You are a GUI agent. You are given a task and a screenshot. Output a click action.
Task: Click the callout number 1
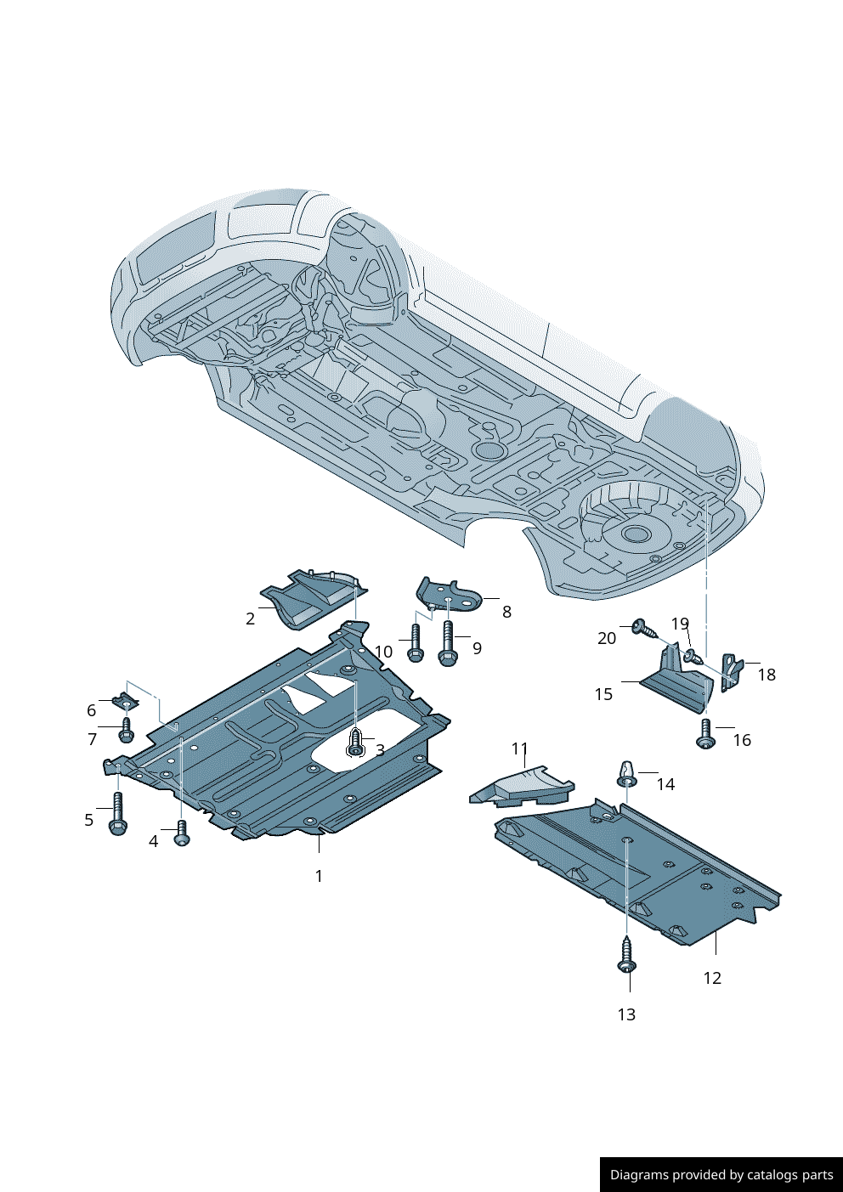pyautogui.click(x=319, y=876)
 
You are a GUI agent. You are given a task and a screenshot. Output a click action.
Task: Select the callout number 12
pyautogui.click(x=712, y=978)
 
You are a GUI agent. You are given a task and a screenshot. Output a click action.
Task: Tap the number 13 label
pyautogui.click(x=626, y=1014)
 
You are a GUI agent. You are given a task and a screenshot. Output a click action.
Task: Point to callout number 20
pyautogui.click(x=606, y=638)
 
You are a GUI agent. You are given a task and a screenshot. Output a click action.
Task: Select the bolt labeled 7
pyautogui.click(x=127, y=730)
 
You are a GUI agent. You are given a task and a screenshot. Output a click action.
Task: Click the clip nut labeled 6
pyautogui.click(x=124, y=703)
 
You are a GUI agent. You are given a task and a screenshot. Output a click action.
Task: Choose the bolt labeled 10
pyautogui.click(x=415, y=643)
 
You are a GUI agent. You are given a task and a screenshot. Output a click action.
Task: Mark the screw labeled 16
pyautogui.click(x=705, y=734)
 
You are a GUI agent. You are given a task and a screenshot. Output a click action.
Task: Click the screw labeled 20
pyautogui.click(x=644, y=629)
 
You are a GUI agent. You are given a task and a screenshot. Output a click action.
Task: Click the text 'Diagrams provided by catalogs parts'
pyautogui.click(x=721, y=1175)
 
